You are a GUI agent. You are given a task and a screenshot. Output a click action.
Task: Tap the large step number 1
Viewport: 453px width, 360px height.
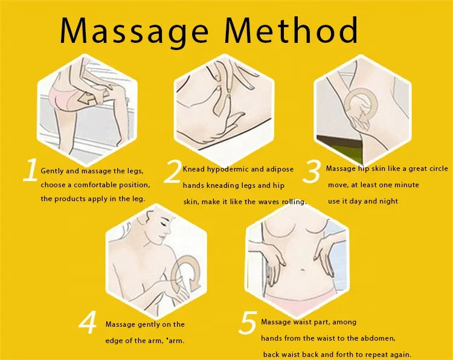(x=30, y=171)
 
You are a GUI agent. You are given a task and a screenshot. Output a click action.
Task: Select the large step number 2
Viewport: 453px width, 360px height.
(x=173, y=172)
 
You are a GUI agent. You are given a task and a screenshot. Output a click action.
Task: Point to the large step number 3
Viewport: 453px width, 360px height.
(x=311, y=172)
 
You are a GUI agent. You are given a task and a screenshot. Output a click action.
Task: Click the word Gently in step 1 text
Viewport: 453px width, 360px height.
(x=52, y=171)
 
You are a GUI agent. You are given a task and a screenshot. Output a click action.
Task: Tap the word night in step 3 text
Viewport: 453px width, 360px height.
(x=387, y=201)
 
